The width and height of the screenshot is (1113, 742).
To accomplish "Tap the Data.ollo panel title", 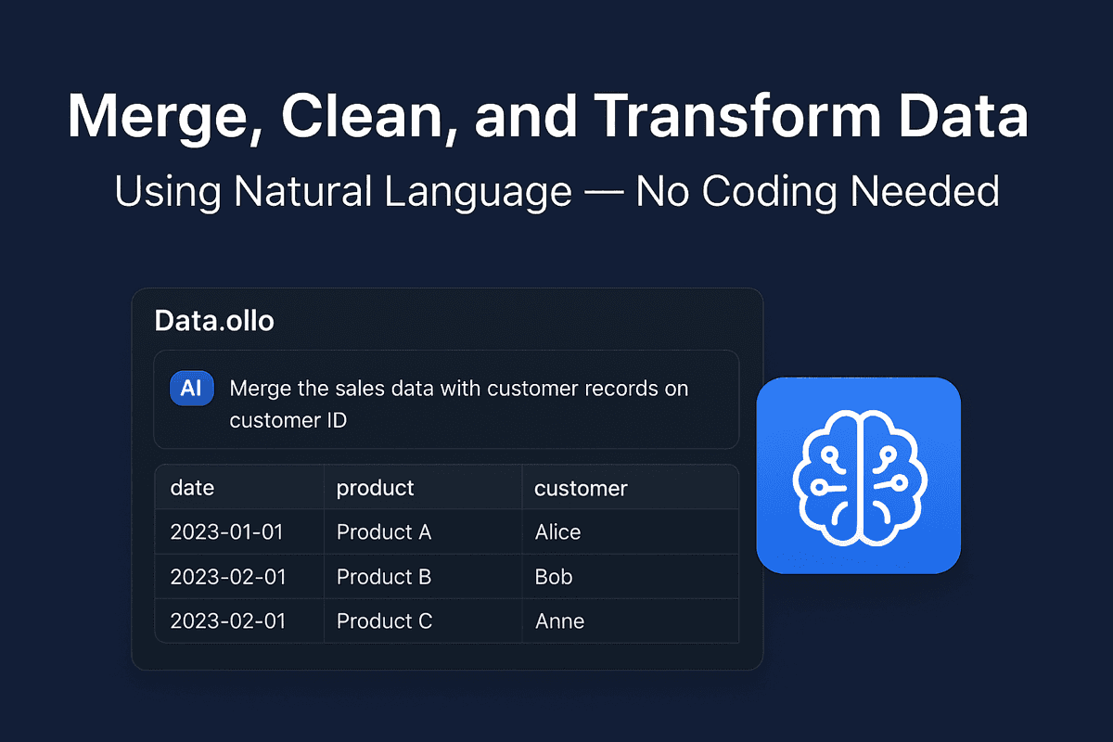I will pyautogui.click(x=214, y=320).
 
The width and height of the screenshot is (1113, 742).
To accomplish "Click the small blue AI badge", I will pyautogui.click(x=191, y=389).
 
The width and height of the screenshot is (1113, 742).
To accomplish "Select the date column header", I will pyautogui.click(x=192, y=488).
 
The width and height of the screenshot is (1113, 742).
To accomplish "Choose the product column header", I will pyautogui.click(x=375, y=488).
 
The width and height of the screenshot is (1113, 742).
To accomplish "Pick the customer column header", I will pyautogui.click(x=581, y=488).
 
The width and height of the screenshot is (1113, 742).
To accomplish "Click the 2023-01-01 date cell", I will pyautogui.click(x=226, y=532).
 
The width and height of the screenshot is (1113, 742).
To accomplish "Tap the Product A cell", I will pyautogui.click(x=383, y=532).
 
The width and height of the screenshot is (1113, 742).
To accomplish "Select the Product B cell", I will pyautogui.click(x=383, y=577).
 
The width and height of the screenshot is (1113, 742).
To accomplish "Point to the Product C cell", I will pyautogui.click(x=384, y=621).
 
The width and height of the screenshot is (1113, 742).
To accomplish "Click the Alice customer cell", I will pyautogui.click(x=557, y=532).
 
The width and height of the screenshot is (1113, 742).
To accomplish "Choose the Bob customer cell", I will pyautogui.click(x=554, y=577).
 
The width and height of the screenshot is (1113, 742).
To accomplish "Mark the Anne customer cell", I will pyautogui.click(x=559, y=621).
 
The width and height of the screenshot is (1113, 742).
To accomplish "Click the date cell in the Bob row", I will pyautogui.click(x=226, y=577).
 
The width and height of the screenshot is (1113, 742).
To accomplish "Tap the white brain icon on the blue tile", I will pyautogui.click(x=859, y=475).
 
